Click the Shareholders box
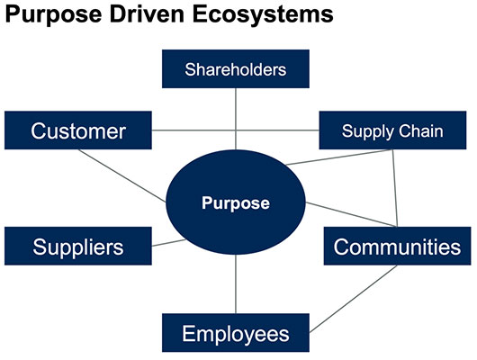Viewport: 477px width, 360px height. click(236, 68)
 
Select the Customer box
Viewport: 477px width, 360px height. click(78, 130)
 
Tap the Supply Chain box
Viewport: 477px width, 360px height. click(392, 130)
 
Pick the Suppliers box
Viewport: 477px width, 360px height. click(78, 246)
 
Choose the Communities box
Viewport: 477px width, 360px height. click(397, 246)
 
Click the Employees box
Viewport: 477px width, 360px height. click(236, 333)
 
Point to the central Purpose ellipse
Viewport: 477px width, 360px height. click(236, 202)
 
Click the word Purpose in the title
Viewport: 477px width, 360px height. click(53, 14)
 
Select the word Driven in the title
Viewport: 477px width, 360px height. click(147, 14)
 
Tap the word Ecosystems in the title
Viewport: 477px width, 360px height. click(263, 14)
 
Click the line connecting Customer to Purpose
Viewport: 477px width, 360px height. click(122, 175)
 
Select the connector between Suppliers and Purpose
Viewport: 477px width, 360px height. click(169, 243)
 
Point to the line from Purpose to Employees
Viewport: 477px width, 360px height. click(236, 283)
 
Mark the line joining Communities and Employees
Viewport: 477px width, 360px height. click(353, 299)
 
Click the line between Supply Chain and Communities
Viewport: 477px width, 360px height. click(395, 188)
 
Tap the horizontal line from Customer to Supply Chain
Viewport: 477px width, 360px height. click(236, 130)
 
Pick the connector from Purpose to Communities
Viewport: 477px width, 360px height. click(351, 214)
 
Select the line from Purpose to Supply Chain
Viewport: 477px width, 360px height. click(339, 157)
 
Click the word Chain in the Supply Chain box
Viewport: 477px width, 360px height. click(421, 131)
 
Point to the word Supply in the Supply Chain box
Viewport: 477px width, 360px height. click(368, 132)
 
